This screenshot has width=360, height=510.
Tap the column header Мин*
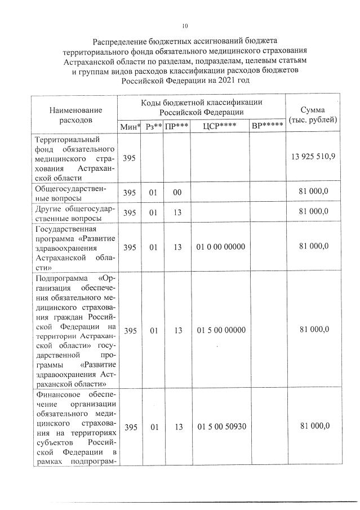coord(130,126)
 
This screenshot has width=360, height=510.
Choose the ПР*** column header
coord(177,126)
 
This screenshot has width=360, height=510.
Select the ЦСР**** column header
coord(220,126)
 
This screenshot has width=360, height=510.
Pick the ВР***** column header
coord(267,126)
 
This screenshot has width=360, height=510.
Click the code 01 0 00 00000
coord(221,247)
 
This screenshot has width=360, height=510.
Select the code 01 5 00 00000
coord(221,330)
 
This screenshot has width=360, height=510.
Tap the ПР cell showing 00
coord(177,192)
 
